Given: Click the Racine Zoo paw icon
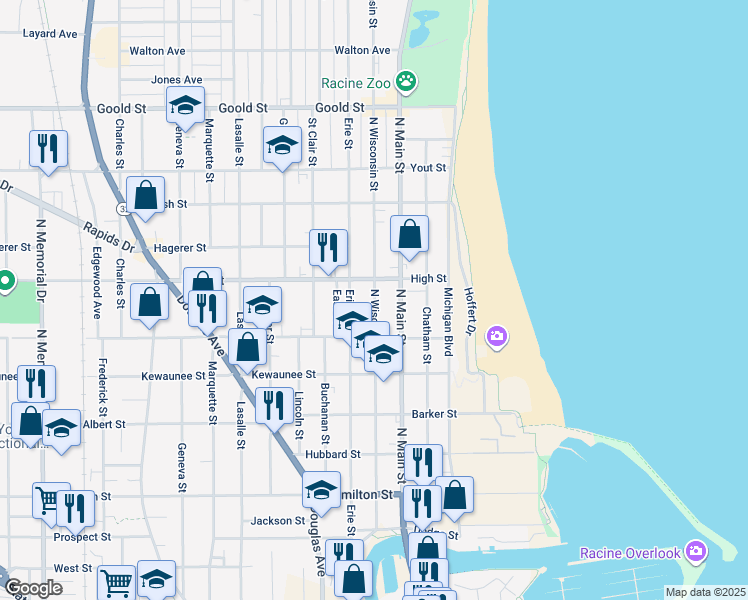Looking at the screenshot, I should coord(406,82).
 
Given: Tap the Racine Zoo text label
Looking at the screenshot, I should coord(357,83).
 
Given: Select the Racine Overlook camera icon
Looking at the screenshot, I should coord(697,552).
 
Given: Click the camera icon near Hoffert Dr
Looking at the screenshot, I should coord(497,337).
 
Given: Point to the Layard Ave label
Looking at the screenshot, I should coord(50,33).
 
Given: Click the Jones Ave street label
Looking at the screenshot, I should coord(177,79).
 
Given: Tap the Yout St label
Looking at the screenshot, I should coord(427,168).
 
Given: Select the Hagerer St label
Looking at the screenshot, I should coord(180,247).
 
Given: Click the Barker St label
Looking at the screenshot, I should coord(434,413).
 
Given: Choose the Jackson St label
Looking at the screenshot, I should coord(277,520).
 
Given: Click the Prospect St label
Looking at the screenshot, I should coord(82,537).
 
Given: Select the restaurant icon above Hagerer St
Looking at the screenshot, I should coord(328,245).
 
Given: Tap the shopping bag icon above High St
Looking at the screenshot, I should coord(409,234).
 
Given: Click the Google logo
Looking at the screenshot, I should coord(33,588).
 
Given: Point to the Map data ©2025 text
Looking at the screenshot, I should coord(704,592).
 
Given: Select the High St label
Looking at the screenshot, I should coord(427,279).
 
